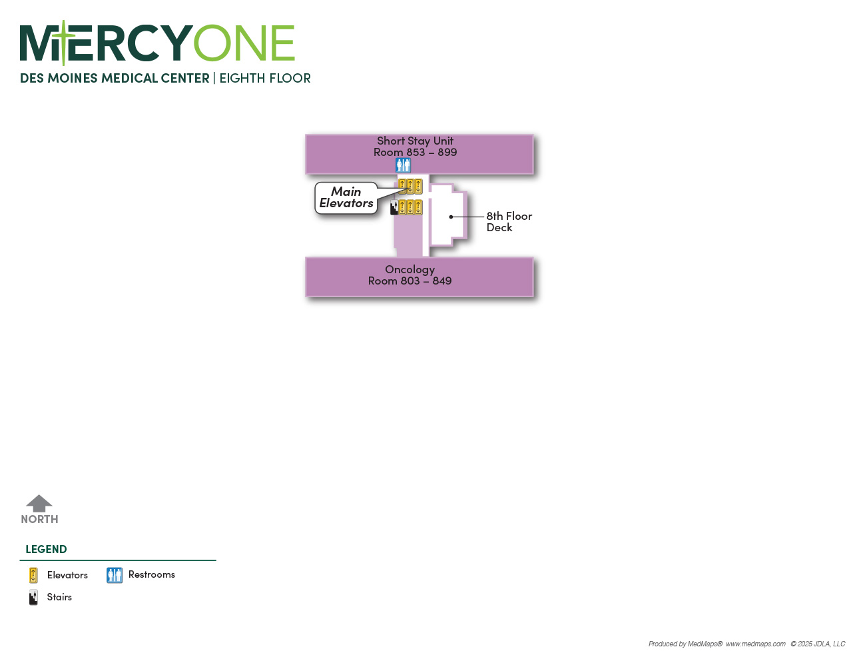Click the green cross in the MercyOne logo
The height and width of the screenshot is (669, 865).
[64, 42]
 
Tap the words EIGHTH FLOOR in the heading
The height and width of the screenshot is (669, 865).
[265, 78]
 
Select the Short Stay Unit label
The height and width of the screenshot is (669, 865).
[415, 141]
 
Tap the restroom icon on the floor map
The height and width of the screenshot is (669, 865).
[403, 165]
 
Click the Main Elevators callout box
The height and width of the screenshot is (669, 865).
[346, 198]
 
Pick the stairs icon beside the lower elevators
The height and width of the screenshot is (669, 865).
[394, 207]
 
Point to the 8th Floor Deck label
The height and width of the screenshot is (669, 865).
[509, 222]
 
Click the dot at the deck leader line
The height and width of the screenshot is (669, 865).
[451, 217]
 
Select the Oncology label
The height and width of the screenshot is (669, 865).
[410, 270]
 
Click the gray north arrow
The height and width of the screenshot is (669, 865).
[39, 503]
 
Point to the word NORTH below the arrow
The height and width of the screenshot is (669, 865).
[39, 519]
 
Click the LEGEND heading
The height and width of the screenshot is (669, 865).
[46, 550]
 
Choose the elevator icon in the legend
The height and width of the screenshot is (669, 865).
[33, 576]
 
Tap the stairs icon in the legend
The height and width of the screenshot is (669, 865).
[33, 597]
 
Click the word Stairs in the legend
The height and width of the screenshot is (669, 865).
[59, 597]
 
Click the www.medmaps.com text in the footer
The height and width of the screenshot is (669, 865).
[756, 644]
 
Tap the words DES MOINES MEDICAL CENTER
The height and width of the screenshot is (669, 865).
[115, 78]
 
